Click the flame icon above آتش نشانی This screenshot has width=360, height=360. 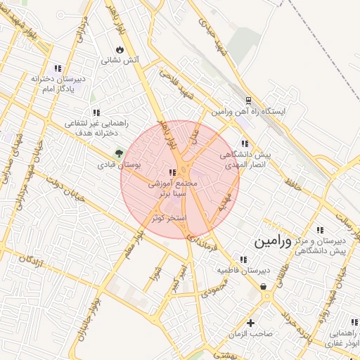pos(120,50)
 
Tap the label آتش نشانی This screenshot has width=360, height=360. pos(121,60)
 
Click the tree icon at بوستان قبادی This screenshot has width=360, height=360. pos(119,153)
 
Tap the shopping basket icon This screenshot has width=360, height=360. pos(263,286)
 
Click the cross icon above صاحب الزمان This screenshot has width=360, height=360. pos(250,323)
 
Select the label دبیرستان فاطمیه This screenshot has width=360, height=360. pos(243,269)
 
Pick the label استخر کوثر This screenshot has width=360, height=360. pos(169,218)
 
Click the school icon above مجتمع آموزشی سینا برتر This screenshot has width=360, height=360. pos(171,172)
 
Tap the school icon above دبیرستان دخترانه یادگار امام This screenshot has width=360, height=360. pos(58,68)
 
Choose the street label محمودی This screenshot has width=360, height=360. pos(214,285)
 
